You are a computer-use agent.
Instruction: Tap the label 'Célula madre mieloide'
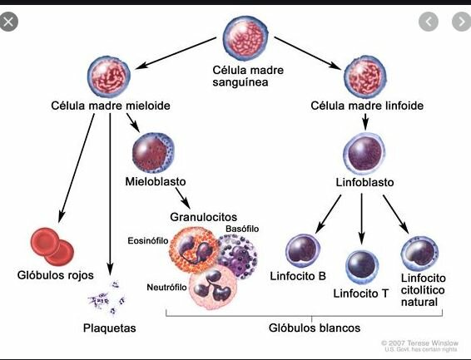click(x=99, y=106)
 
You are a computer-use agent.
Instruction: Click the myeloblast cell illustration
click(x=153, y=150)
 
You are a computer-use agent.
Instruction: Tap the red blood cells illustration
click(x=52, y=244)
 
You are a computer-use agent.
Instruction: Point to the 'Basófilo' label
click(x=242, y=228)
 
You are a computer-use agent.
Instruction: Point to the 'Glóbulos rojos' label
click(x=56, y=275)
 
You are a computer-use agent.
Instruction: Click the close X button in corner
click(x=9, y=22)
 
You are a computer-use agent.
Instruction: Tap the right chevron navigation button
click(x=457, y=22)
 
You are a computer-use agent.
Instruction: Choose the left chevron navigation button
click(x=428, y=22)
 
